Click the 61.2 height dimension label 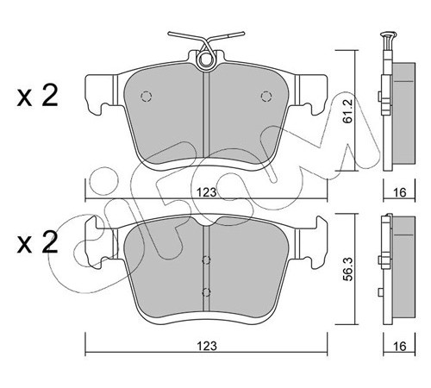[347, 111]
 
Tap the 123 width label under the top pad [207, 192]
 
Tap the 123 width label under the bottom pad [207, 346]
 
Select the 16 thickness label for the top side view [399, 192]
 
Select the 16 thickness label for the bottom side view [399, 346]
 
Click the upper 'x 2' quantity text [37, 96]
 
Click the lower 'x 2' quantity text [37, 243]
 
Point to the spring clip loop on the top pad [206, 60]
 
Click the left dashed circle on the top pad [146, 97]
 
